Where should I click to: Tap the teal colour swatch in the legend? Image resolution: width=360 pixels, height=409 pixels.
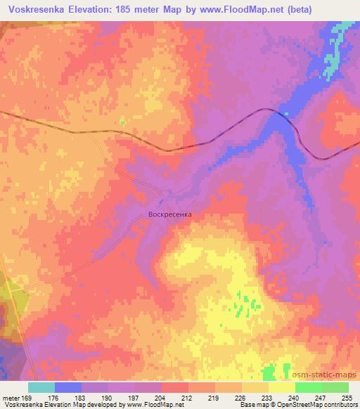pyautogui.click(x=41, y=387)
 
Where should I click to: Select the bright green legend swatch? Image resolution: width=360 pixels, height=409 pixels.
pyautogui.click(x=308, y=387)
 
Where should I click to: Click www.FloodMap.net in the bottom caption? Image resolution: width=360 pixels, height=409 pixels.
pyautogui.click(x=149, y=405)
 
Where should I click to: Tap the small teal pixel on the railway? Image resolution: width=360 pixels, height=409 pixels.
pyautogui.click(x=285, y=112)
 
